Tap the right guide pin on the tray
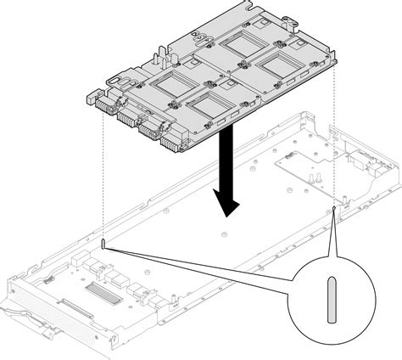coord(335,209)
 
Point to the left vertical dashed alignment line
coord(103,178)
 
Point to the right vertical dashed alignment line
coord(335,136)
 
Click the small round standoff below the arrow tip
coord(224,235)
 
